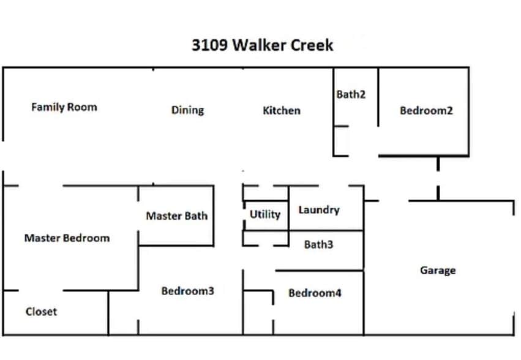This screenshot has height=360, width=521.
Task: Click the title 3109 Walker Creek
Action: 263,46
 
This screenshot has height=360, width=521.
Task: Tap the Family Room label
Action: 64,107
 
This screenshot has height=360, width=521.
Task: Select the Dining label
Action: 187,110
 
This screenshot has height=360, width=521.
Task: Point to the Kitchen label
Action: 282,111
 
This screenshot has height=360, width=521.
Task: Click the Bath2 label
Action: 351,95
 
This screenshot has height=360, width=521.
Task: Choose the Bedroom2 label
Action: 426,111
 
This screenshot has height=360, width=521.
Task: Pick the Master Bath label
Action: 176,216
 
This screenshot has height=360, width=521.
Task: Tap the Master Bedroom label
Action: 67,238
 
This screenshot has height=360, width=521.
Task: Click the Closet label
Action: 41,312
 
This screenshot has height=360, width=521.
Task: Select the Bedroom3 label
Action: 187,291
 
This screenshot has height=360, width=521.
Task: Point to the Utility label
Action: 265,214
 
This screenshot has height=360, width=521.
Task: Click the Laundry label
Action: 318,210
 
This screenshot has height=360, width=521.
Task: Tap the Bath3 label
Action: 318,245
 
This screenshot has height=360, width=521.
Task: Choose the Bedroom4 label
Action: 315,293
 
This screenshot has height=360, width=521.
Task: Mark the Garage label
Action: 438,270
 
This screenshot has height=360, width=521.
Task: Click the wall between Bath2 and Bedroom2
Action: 378,98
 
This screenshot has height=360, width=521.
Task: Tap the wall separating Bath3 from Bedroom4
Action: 320,271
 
